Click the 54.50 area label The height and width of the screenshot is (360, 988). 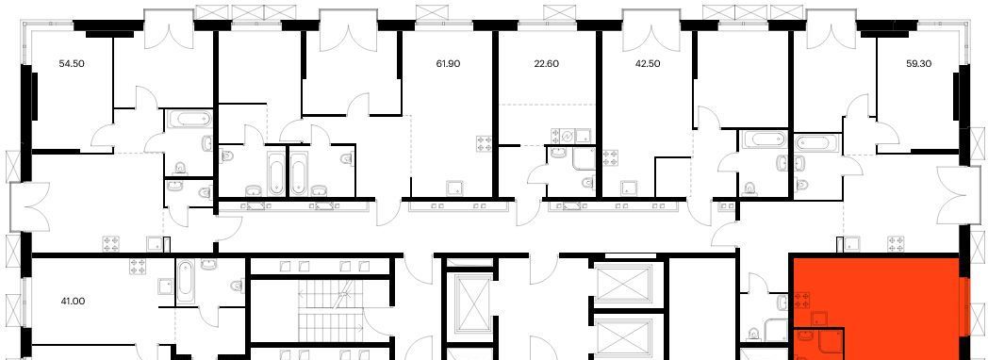point(72,63)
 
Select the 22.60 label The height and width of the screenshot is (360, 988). point(546,63)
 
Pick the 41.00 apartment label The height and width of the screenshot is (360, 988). point(73,302)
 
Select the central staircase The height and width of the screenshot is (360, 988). point(332,308)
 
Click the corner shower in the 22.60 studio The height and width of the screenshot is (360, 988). point(584,159)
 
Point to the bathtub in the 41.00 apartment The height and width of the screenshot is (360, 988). point(186,283)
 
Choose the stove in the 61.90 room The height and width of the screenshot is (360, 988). point(484,143)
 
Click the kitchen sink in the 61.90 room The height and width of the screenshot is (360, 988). point(453,188)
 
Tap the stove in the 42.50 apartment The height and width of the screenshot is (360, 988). point(610,157)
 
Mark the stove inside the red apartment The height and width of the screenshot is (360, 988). point(802,301)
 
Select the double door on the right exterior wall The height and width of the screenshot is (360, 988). point(950,195)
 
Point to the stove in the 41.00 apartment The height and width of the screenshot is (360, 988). point(139,266)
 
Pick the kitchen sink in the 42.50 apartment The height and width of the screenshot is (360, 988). point(628,188)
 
